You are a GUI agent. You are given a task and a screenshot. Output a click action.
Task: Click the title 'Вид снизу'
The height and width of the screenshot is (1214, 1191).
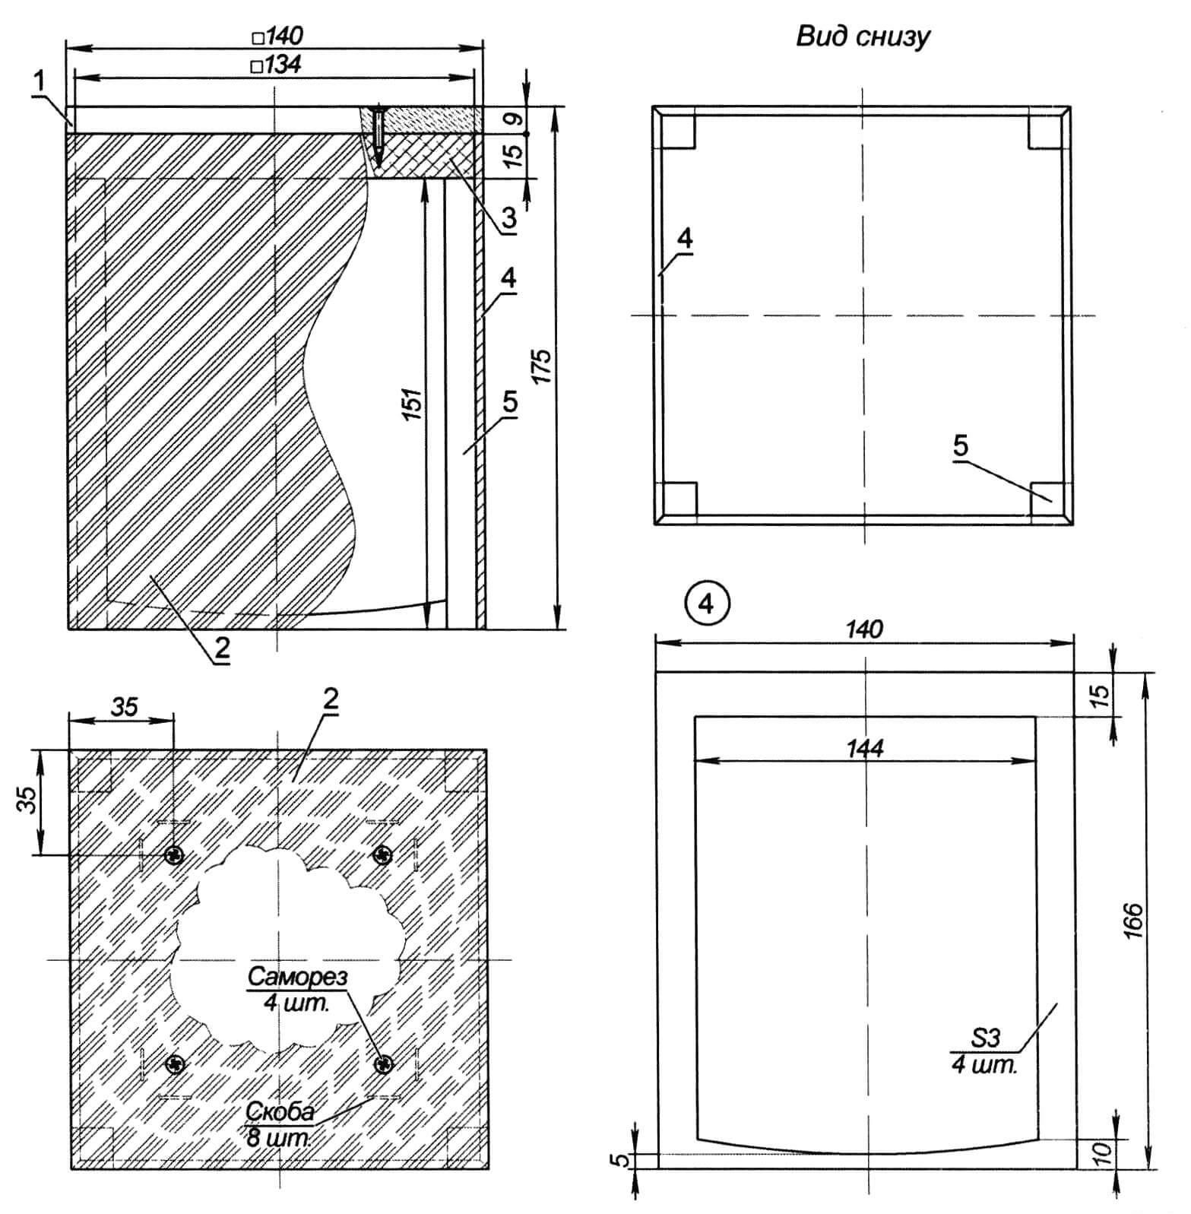863,36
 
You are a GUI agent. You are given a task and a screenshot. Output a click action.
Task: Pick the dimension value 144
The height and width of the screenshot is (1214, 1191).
864,748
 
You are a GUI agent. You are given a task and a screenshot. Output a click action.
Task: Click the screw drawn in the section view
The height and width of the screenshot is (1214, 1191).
379,129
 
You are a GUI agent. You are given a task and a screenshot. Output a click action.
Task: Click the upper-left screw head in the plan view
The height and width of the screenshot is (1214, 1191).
176,856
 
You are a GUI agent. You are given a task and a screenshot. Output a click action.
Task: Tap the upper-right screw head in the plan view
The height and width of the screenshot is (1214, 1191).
383,856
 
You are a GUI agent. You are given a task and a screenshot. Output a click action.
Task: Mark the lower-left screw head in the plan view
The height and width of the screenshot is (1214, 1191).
176,1064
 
